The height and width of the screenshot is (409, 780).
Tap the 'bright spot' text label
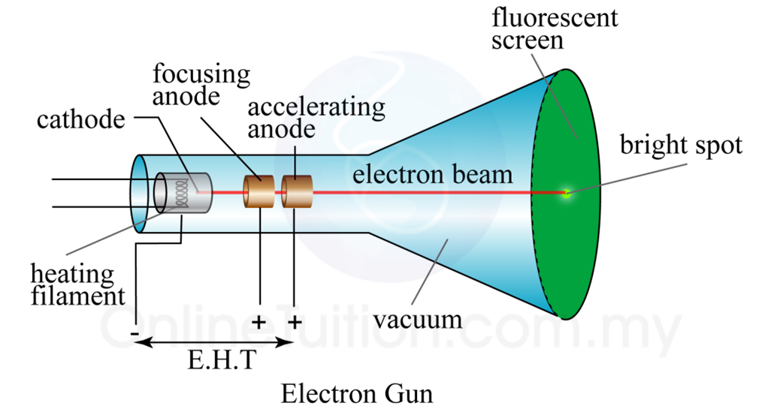click(680, 144)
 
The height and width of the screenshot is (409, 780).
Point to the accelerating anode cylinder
click(296, 192)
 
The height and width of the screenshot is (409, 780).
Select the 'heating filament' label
click(72, 284)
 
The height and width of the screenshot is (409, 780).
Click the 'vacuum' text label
click(418, 319)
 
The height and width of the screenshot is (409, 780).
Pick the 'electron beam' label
click(433, 175)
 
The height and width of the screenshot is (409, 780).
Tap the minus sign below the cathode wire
click(135, 328)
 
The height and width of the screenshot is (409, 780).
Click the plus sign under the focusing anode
click(259, 323)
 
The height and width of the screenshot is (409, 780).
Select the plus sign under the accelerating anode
click(295, 323)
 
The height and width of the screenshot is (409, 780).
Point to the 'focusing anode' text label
click(201, 86)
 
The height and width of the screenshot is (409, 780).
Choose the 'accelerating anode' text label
click(316, 117)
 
